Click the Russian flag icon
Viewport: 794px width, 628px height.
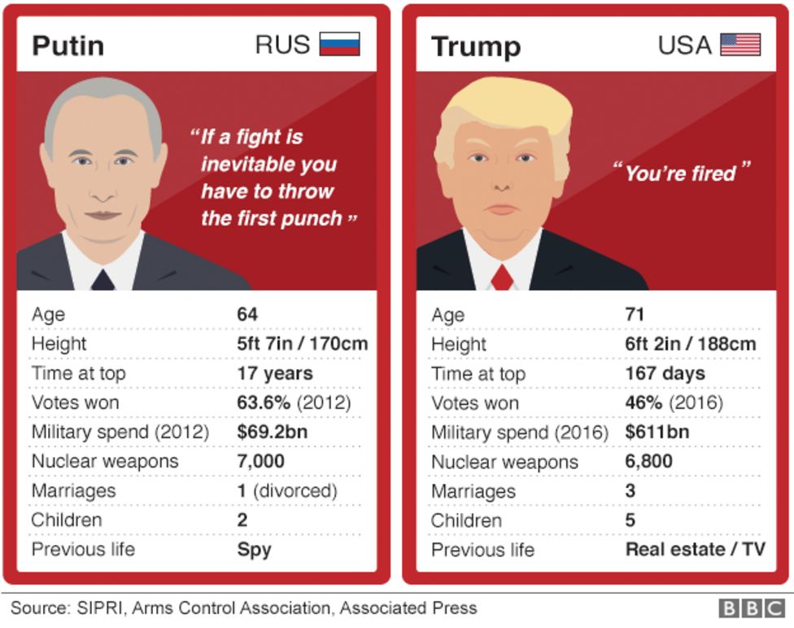339,44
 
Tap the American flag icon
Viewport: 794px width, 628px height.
740,44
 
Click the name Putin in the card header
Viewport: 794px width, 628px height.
68,45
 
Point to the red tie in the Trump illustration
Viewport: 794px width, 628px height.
502,278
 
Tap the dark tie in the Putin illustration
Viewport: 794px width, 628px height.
103,280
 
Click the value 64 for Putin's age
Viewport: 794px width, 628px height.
247,314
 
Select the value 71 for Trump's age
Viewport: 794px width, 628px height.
635,314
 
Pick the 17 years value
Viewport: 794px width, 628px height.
274,373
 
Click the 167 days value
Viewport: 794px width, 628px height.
665,373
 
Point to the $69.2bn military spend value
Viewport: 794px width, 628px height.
272,432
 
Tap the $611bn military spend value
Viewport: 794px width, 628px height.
657,432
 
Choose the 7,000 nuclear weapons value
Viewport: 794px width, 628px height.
260,461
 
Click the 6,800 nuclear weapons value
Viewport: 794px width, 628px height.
648,462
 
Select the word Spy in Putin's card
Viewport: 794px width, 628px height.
254,549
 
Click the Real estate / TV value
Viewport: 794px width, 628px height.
695,549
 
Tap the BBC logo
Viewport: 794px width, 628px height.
751,608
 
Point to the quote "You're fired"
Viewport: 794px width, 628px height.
680,173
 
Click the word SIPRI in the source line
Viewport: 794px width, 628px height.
100,608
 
